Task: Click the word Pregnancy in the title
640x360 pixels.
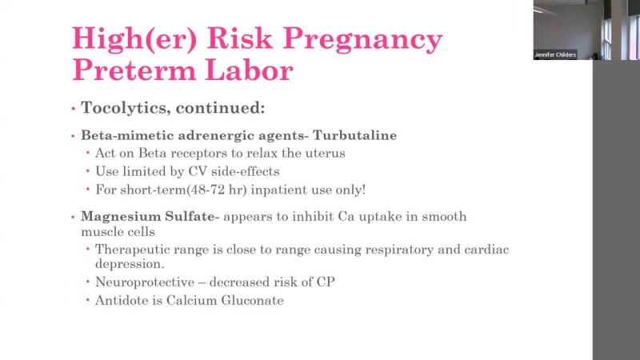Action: tap(363, 39)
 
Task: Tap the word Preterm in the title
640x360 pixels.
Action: tap(134, 70)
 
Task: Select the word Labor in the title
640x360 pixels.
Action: tap(249, 70)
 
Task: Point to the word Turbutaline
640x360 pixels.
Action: tap(354, 135)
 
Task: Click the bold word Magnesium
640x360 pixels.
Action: tap(121, 216)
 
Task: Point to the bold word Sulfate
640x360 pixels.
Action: tap(190, 216)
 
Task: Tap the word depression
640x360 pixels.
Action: tap(130, 264)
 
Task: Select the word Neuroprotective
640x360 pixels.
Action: tap(145, 282)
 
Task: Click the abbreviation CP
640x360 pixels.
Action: tap(326, 282)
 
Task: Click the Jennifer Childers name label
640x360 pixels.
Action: tap(555, 54)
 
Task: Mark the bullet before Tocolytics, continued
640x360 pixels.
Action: tap(74, 109)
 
